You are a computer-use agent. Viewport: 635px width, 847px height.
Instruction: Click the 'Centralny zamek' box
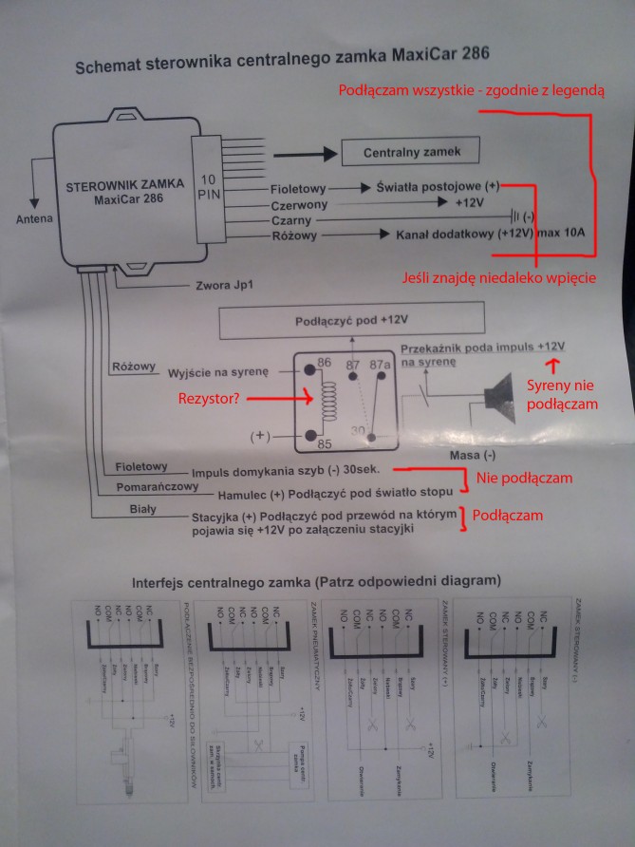click(x=409, y=152)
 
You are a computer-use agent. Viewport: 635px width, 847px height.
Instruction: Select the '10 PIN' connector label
click(x=208, y=185)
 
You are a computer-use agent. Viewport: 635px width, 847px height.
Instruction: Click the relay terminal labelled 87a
click(x=381, y=366)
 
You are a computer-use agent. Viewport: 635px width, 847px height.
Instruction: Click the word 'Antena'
click(x=35, y=220)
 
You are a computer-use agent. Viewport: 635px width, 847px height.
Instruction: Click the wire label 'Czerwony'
click(x=299, y=204)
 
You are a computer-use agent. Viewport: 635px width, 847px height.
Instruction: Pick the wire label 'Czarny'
click(x=292, y=220)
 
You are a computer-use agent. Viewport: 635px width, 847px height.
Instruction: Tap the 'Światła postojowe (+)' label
click(x=437, y=187)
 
